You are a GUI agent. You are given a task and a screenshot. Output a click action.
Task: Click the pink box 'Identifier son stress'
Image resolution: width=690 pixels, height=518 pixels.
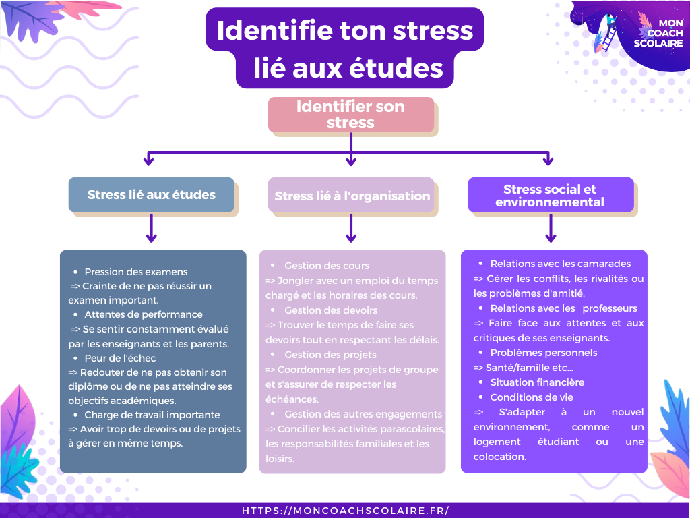[350, 115]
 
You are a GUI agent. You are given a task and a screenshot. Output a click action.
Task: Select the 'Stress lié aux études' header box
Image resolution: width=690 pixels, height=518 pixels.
[151, 195]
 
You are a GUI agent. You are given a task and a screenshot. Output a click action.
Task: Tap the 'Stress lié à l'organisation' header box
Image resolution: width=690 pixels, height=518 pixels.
[352, 196]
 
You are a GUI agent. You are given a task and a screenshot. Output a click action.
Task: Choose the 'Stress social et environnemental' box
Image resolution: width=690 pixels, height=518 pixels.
[550, 196]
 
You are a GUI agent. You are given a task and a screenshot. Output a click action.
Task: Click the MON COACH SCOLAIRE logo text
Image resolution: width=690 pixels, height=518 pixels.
[658, 33]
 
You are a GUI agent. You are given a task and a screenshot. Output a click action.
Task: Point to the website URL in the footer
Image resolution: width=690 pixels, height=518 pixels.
[345, 511]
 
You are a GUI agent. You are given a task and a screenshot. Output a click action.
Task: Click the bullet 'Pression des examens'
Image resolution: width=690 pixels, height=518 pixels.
[136, 272]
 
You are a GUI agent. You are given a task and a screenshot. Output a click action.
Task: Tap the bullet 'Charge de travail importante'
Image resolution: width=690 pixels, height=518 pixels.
[152, 415]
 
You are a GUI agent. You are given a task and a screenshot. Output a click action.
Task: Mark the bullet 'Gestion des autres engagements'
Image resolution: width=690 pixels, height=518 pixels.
[363, 414]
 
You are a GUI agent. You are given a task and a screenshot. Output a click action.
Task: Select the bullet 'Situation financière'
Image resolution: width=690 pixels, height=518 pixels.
[537, 382]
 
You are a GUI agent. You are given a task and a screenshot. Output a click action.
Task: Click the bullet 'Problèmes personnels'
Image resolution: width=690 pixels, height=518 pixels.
[544, 353]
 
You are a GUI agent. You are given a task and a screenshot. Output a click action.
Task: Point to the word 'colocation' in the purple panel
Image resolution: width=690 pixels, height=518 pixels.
[499, 457]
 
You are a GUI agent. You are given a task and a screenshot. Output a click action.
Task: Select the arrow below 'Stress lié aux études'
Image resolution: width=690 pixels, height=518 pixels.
[151, 229]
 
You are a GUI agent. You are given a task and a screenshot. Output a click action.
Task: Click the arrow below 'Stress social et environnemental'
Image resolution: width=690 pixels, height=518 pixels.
[551, 229]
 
